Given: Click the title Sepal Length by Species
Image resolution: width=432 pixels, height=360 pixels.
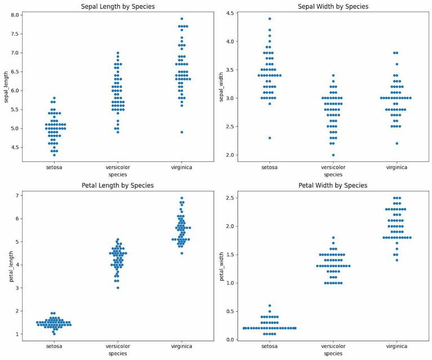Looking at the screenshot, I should tap(118, 6).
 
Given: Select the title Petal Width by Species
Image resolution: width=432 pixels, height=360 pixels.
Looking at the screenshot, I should tap(334, 185).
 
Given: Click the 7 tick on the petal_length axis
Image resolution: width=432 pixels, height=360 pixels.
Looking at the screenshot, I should tap(16, 195).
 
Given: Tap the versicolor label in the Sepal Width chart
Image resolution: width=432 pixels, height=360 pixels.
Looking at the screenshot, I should tap(334, 166).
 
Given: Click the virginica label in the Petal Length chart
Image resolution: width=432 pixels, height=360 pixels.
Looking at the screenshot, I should tap(182, 346).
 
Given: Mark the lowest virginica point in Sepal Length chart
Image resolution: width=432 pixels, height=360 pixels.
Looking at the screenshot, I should tap(182, 132).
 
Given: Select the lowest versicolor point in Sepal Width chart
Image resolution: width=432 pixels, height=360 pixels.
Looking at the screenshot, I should tap(334, 155).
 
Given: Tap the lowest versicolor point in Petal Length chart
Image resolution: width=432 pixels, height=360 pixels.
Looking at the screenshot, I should tap(118, 287).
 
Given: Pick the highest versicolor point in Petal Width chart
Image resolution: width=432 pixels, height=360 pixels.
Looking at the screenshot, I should tap(334, 237).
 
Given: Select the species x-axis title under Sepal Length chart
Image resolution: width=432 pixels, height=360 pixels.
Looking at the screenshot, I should tap(118, 174).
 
